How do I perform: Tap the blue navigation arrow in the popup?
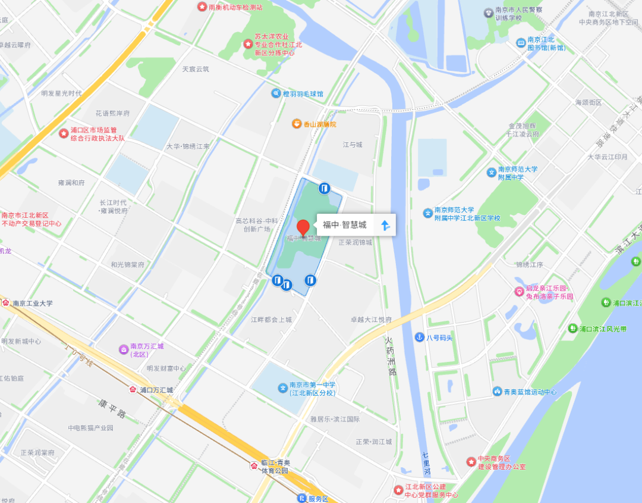pos(385,225)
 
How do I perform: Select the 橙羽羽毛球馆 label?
pos(303,94)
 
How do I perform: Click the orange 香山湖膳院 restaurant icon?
pos(296,124)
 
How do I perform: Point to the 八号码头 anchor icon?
pos(420,338)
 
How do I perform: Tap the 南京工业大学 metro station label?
pos(33,303)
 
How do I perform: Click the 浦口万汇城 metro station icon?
pos(133,390)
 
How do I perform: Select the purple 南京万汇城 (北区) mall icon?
pos(124,348)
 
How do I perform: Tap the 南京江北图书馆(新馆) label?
pos(541,44)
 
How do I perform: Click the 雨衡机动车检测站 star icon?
pos(202,7)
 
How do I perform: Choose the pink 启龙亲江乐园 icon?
pos(520,292)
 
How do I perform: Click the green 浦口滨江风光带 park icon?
pos(572,329)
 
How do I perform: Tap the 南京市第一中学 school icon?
pos(282,388)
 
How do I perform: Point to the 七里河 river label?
pos(426,463)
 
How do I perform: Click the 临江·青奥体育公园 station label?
pos(275,467)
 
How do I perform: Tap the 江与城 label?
pos(352,145)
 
